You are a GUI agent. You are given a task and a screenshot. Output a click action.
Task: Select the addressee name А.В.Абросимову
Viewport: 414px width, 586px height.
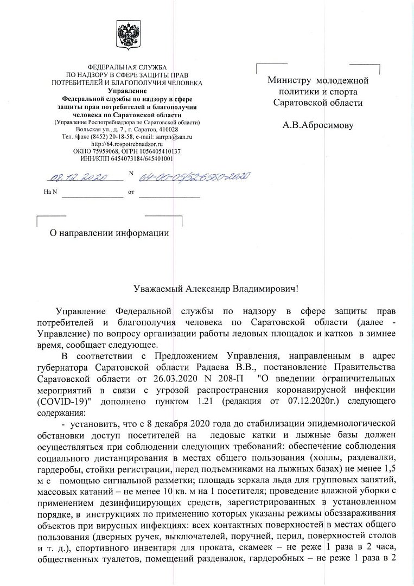[x=318, y=125]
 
